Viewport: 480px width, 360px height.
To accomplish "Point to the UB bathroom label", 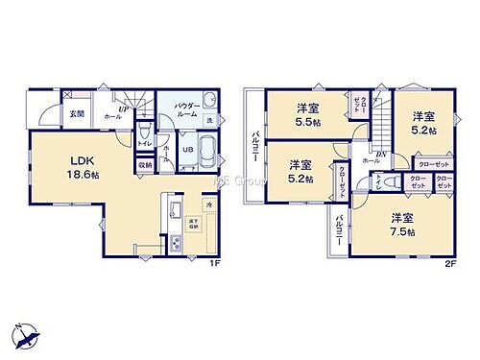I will tap(189, 150).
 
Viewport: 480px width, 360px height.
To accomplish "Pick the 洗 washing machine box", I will tap(209, 120).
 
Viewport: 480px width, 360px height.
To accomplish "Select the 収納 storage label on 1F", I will tap(144, 165).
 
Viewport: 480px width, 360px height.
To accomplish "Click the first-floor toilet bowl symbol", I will tap(142, 132).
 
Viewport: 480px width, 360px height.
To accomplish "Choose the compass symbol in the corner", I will tap(27, 337).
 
